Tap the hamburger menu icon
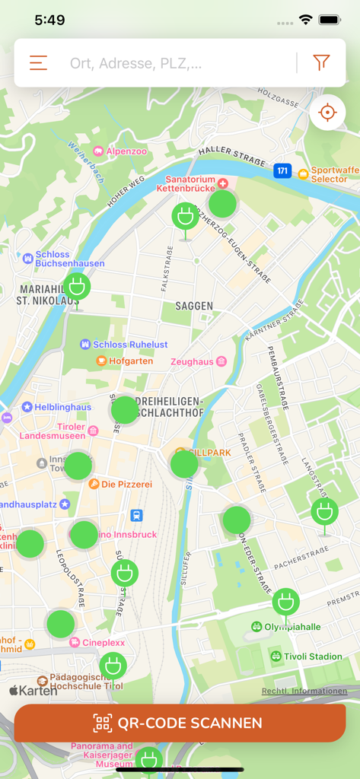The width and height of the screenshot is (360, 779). (38, 63)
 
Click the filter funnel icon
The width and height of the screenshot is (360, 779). (321, 63)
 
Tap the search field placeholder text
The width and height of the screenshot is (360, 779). (136, 64)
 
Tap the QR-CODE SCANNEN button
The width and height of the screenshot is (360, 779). (180, 723)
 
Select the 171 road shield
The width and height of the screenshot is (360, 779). (282, 170)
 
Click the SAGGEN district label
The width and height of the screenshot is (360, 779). (194, 306)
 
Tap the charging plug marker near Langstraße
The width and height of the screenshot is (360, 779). (324, 512)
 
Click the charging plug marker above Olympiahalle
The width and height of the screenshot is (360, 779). (285, 602)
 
